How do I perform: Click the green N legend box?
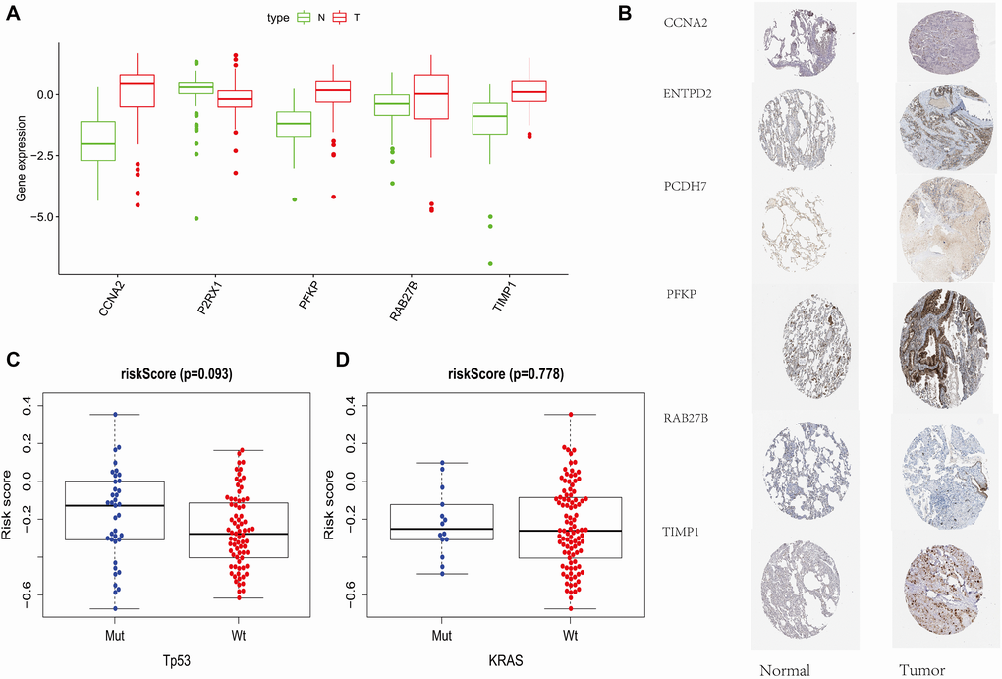tap(305, 17)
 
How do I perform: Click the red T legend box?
tap(342, 17)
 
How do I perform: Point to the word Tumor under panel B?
tap(921, 669)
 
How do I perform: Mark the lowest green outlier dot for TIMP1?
tap(490, 263)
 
